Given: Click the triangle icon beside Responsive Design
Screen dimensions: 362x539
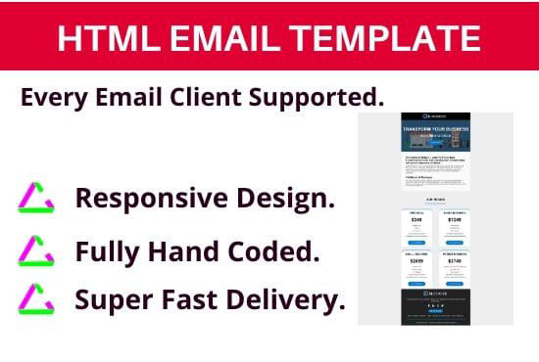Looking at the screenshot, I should click(36, 200).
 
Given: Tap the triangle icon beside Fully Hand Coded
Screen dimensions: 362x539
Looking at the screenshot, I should click(36, 251).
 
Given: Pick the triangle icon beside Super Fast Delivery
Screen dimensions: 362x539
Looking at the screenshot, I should click(36, 298).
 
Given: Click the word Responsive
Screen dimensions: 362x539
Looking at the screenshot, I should click(157, 199).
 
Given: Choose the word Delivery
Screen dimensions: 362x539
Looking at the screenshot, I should click(289, 298).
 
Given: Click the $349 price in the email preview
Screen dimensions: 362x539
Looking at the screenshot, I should click(416, 221).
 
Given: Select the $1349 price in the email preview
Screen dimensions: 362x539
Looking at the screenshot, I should click(454, 221).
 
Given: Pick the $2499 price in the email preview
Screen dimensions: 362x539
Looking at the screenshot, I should click(416, 261).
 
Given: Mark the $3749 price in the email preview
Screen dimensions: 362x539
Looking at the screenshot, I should click(454, 261).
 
